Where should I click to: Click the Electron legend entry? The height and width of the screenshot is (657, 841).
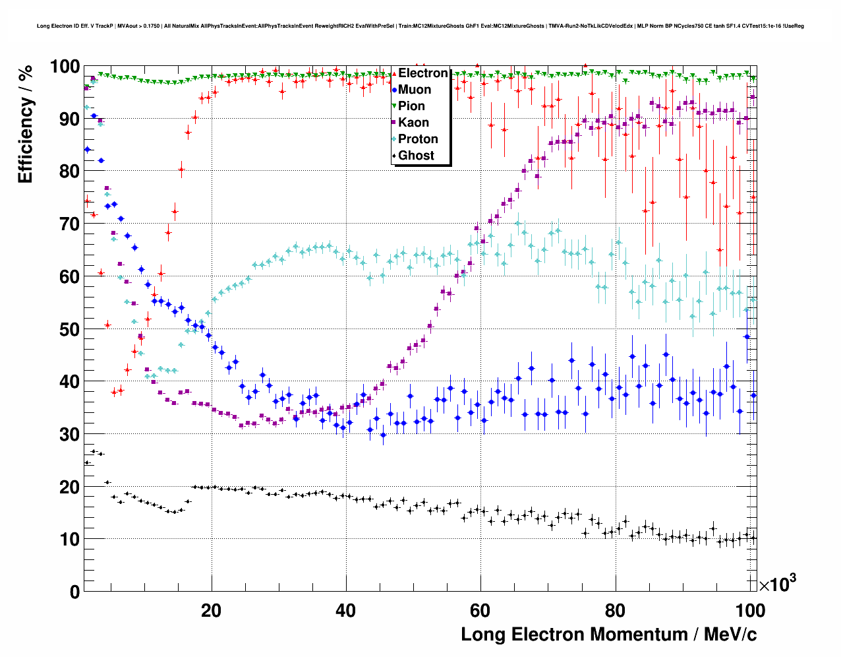coord(422,73)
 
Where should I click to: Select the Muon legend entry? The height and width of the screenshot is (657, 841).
coord(414,90)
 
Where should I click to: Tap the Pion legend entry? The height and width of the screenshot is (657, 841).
coord(411,106)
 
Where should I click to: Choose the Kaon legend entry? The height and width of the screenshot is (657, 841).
coord(413,123)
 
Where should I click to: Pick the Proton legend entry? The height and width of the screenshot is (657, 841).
coord(418,139)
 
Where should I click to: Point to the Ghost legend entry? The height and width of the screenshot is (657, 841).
coord(416,156)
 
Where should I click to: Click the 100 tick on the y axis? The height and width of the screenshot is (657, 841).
coord(65,67)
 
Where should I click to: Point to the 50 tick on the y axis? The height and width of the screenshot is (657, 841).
coord(69,329)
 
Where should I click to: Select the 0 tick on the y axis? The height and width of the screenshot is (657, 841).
coord(74,592)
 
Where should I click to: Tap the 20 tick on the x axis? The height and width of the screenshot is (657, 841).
coord(211,611)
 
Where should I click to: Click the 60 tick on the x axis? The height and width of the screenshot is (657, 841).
coord(479,611)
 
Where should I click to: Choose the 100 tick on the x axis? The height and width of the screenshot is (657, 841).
coord(749,611)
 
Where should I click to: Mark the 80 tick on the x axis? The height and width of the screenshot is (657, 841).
coord(614,611)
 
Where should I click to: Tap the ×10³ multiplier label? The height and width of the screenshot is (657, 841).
coord(777,584)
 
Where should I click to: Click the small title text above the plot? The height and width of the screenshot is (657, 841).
coord(420,26)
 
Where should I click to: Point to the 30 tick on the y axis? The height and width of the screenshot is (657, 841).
coord(69,434)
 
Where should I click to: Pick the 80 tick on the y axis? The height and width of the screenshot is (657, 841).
coord(69,172)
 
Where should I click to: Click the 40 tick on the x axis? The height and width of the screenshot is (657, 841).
coord(345,611)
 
